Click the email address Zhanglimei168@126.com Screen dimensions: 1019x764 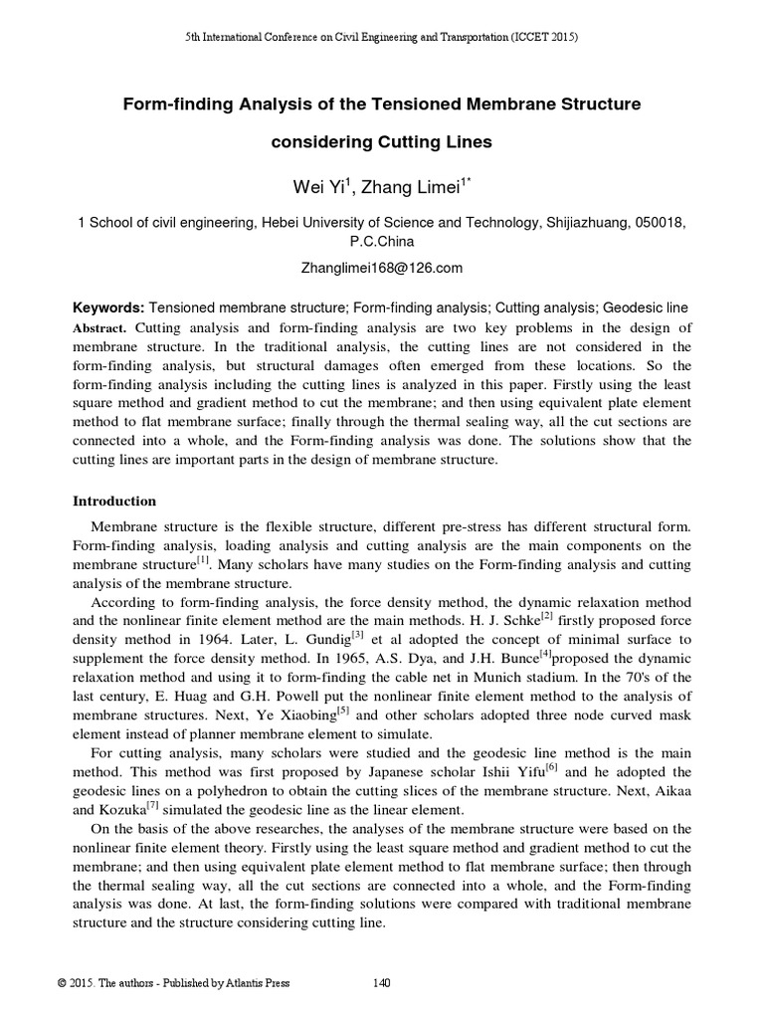pos(382,269)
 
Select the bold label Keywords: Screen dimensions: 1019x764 pos(109,309)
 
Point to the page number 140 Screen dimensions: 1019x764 pos(381,983)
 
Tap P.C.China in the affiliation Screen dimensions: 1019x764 pos(382,242)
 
